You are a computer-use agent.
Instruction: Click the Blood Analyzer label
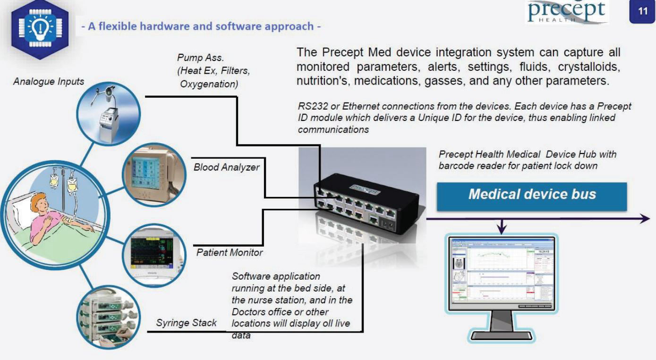[226, 167]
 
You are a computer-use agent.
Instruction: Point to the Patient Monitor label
[230, 253]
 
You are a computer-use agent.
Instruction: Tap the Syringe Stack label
[187, 323]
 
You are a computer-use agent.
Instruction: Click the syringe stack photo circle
[109, 319]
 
